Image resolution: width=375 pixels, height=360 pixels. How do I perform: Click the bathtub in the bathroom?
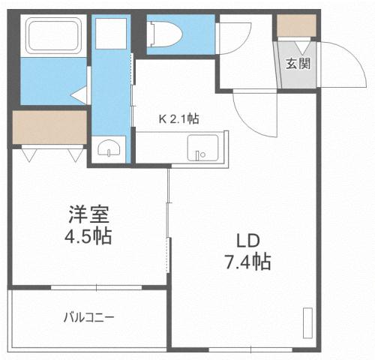[x=55, y=36]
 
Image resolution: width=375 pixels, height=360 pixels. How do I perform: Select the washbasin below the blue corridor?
[x=109, y=148]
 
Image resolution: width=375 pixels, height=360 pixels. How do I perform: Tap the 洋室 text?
[x=86, y=214]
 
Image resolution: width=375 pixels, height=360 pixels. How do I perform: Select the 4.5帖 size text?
[x=86, y=237]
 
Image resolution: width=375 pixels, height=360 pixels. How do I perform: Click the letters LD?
[x=247, y=241]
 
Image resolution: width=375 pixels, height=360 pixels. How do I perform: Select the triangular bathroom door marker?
[x=79, y=95]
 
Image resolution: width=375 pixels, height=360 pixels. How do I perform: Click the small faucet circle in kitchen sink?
[x=200, y=155]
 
